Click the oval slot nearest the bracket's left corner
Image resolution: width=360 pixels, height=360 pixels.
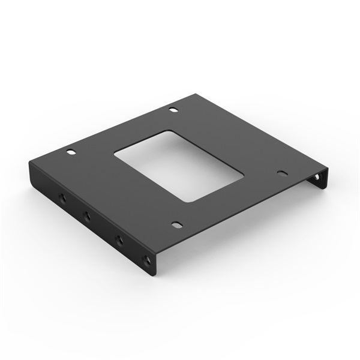click(71, 152)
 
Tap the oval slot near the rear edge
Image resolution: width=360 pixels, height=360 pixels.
click(173, 109)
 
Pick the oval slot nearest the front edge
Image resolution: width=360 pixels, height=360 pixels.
click(177, 225)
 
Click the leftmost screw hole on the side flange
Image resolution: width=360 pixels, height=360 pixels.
click(61, 197)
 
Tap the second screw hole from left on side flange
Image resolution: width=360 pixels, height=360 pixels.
click(87, 215)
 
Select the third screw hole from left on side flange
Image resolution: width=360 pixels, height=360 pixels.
click(119, 239)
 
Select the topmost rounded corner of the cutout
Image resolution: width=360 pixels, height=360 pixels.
click(173, 131)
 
